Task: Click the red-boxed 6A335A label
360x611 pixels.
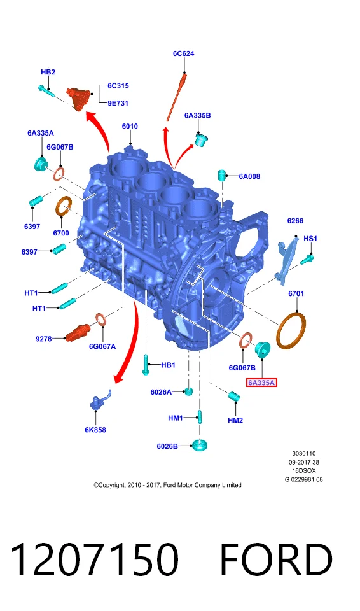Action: (x=261, y=383)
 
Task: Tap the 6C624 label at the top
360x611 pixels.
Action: (x=184, y=53)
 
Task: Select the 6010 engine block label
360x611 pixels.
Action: (x=130, y=126)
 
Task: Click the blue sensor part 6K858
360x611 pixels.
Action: (x=99, y=400)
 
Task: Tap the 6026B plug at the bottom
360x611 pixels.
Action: (x=200, y=445)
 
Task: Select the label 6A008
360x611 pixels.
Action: (x=249, y=176)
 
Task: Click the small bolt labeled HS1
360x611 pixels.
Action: (x=308, y=258)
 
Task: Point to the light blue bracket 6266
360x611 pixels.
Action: (x=287, y=259)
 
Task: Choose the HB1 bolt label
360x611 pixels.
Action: (x=169, y=365)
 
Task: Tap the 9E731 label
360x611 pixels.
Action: (x=118, y=103)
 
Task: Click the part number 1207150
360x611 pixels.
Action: (x=95, y=560)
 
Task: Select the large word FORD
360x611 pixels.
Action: (x=276, y=560)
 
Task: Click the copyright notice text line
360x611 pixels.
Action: (x=167, y=485)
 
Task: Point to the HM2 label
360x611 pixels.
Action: (x=235, y=420)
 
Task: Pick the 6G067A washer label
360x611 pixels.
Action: (x=102, y=346)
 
